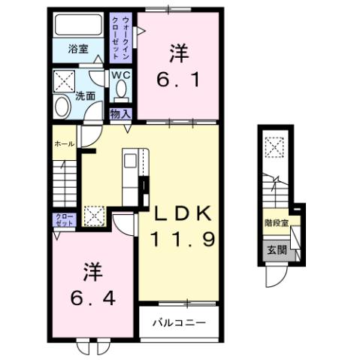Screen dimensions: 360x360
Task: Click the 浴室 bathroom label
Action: (x=78, y=50)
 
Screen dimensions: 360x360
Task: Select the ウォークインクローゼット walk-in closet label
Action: (x=123, y=37)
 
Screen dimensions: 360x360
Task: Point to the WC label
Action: (x=121, y=75)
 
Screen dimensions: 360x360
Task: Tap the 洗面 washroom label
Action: (x=85, y=95)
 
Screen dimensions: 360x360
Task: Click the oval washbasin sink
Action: (x=62, y=106)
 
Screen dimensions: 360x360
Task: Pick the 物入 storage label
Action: (x=120, y=113)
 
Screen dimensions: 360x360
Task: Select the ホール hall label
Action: (x=63, y=143)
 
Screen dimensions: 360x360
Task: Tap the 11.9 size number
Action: (x=183, y=241)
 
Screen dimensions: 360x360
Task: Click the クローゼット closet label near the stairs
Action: (x=63, y=221)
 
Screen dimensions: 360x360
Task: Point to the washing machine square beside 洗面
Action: (x=63, y=79)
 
